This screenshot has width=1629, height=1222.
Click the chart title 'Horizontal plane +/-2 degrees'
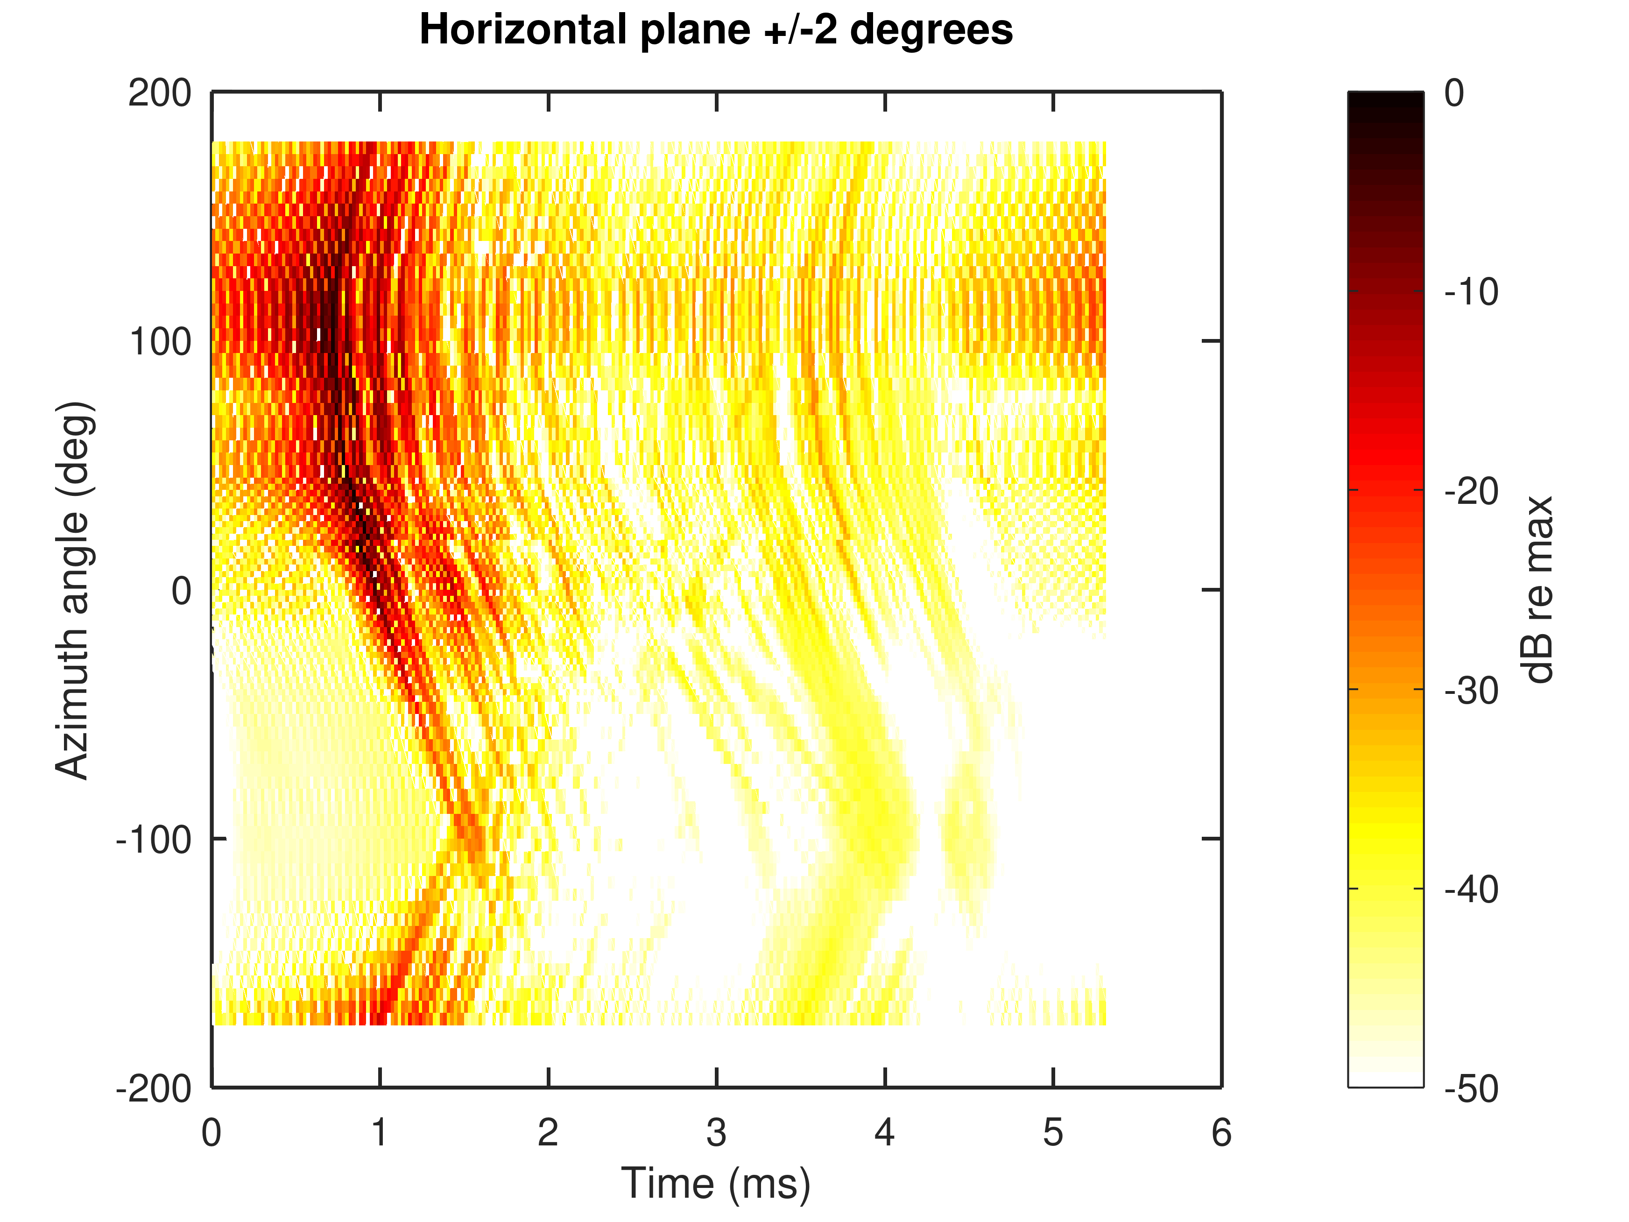pos(716,31)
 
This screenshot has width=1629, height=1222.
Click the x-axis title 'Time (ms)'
pos(716,1184)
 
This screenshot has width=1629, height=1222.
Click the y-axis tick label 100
pos(160,342)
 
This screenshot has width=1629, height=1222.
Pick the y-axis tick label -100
pos(153,839)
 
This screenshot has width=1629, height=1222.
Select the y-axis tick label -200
pos(153,1088)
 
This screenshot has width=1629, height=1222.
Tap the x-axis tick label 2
pos(548,1133)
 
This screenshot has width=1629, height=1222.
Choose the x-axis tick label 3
pos(716,1133)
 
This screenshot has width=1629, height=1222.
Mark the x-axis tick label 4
pos(884,1133)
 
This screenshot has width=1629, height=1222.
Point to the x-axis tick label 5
pos(1053,1133)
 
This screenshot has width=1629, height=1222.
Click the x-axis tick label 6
pos(1221,1133)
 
